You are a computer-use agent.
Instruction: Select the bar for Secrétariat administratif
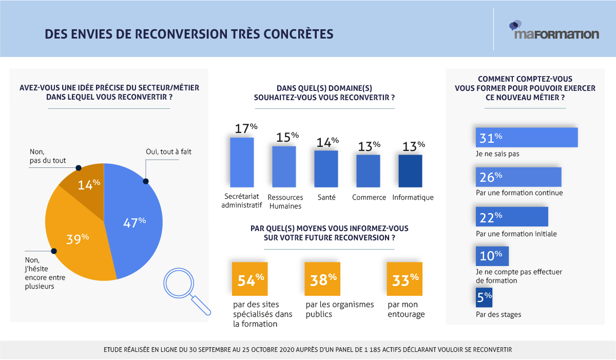241,162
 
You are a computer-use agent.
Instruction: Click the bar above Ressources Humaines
284,166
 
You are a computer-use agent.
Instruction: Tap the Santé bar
326,168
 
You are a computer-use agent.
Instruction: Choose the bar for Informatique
410,171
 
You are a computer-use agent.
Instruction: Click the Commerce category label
369,198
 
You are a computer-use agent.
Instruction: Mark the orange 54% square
249,279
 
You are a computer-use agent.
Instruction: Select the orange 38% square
322,279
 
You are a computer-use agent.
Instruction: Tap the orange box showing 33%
405,279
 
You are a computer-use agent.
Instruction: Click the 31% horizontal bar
527,137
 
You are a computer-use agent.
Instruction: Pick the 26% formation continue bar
518,177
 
